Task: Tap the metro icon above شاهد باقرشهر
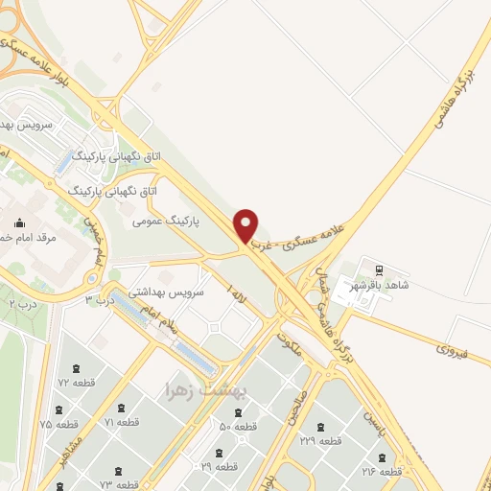point(378,269)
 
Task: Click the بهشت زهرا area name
point(207,389)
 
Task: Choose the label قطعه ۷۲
point(76,383)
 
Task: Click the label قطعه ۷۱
point(122,422)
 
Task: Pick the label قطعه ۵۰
point(239,426)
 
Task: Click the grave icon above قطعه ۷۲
point(76,368)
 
